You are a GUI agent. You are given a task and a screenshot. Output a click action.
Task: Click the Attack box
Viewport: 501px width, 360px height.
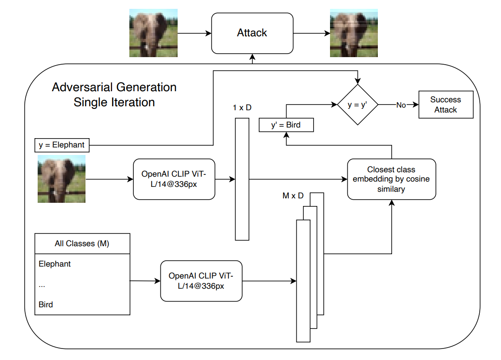point(252,33)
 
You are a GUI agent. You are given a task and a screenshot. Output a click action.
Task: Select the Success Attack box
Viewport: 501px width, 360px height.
point(446,105)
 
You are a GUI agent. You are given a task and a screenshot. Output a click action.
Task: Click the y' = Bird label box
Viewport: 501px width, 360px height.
point(286,125)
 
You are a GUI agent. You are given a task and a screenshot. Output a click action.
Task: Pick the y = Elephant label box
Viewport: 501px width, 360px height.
point(62,145)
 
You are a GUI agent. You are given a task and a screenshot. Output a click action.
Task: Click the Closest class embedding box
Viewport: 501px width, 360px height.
point(391,179)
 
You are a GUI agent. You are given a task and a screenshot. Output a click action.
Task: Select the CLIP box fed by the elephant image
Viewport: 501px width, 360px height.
point(174,179)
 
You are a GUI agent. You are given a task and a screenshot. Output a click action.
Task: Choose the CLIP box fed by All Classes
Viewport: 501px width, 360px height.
point(201,281)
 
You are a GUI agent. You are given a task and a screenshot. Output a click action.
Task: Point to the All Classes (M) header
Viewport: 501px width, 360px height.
point(82,244)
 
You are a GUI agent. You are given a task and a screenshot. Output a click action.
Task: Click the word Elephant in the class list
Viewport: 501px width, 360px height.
point(54,264)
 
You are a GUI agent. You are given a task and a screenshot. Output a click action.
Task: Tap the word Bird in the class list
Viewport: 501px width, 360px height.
point(46,305)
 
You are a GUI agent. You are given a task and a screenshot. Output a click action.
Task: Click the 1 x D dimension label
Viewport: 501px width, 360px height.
point(242,108)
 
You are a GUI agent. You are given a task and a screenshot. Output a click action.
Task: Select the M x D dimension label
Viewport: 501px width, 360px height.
point(293,196)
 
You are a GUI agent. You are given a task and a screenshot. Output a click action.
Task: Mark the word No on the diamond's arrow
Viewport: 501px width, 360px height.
point(401,105)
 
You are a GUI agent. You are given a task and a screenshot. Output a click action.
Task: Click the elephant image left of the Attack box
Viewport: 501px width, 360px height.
point(153,33)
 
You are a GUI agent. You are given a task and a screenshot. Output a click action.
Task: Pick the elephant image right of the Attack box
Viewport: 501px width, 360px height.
point(353,33)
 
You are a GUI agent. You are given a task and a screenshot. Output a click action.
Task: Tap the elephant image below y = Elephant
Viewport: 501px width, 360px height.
point(62,178)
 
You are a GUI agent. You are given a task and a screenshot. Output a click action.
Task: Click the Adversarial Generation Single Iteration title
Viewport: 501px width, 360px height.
point(114,94)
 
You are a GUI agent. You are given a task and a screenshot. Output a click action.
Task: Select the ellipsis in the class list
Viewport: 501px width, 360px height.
point(42,285)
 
